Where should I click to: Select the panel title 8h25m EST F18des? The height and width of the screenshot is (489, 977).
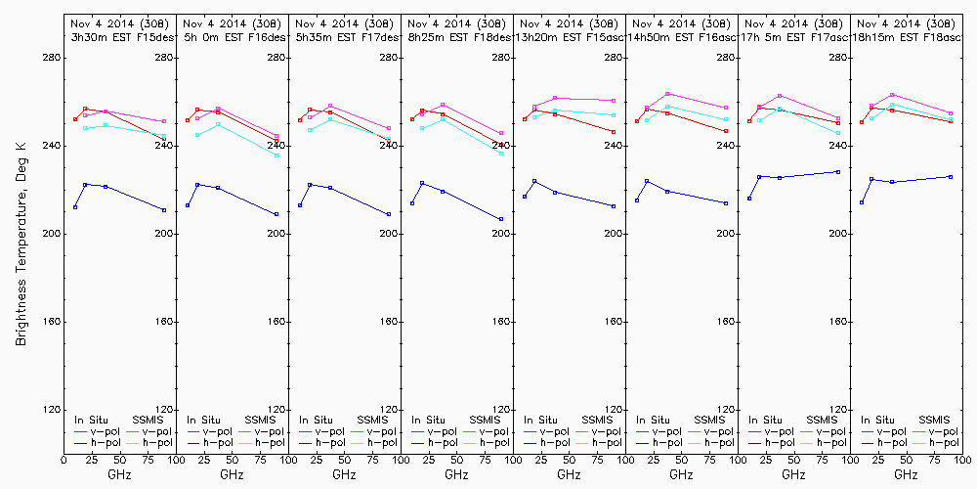coord(457,37)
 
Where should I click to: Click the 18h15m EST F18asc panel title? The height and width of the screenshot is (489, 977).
coord(907,37)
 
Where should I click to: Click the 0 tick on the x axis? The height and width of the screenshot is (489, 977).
coord(64,459)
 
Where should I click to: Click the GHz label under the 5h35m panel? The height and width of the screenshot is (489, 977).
coord(344,474)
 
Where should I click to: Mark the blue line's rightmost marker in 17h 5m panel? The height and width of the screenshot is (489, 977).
coord(838,172)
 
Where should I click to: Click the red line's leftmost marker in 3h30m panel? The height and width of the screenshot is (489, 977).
coord(75,119)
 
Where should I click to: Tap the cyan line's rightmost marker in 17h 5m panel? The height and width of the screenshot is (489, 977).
coord(838,133)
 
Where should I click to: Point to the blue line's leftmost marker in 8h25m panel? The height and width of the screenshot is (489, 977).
coord(412,202)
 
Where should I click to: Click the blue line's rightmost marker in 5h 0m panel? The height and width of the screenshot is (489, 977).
coord(276,214)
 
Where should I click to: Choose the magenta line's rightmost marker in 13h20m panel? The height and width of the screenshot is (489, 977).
coord(614,101)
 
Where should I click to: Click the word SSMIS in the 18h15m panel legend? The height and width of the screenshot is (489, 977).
coord(936,420)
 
